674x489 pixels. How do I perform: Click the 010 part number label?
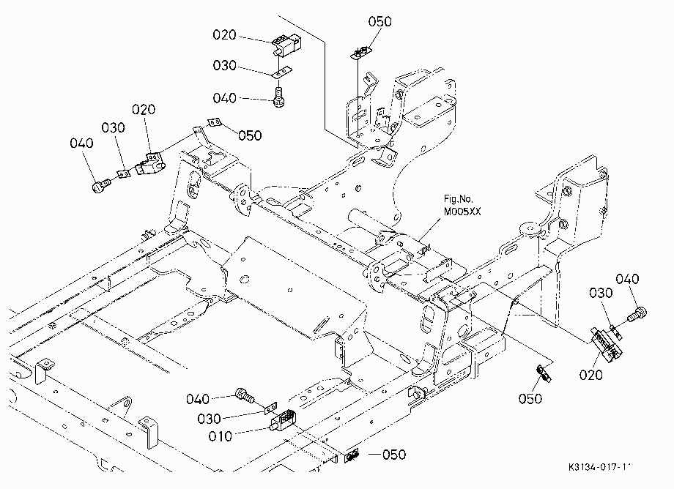pos(220,436)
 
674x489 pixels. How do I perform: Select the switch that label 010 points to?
pos(282,421)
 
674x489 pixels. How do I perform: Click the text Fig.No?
pos(458,199)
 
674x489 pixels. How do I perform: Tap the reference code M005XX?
pos(462,212)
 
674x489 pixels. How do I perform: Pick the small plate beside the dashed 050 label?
pos(352,456)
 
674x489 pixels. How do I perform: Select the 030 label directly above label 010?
pos(210,419)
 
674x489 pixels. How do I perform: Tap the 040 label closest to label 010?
pos(198,399)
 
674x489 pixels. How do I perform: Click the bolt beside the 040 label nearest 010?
pos(245,395)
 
